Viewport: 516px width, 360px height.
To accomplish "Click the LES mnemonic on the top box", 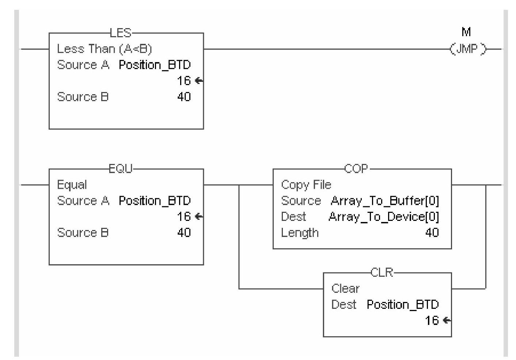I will click(120, 33).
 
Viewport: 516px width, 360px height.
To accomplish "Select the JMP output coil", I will click(468, 49).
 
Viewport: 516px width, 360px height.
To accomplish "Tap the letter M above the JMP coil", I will click(466, 32).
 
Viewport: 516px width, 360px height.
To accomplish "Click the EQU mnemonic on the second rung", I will click(121, 169).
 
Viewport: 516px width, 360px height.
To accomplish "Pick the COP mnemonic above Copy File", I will click(356, 169).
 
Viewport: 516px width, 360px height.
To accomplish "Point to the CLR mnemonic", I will click(382, 272).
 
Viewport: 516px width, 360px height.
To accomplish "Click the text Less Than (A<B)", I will click(104, 49).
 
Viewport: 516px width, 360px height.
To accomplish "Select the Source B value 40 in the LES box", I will click(184, 97).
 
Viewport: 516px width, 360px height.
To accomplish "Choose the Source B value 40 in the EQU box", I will click(184, 233).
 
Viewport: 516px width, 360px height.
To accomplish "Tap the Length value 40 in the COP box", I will click(432, 233).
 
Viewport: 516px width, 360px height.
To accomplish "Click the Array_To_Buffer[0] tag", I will click(384, 200).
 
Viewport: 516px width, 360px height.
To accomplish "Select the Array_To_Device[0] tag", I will click(384, 217).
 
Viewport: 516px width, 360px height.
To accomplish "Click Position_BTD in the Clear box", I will click(402, 304).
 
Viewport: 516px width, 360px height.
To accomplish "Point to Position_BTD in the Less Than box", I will click(155, 65).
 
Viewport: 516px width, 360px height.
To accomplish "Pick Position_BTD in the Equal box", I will click(155, 200).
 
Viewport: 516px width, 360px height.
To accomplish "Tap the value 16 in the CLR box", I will click(432, 320).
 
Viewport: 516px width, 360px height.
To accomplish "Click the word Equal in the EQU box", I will click(72, 185).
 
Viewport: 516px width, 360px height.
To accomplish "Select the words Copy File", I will click(306, 185).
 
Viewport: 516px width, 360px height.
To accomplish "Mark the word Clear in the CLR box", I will click(345, 288).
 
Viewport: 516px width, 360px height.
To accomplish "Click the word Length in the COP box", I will click(300, 233).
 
